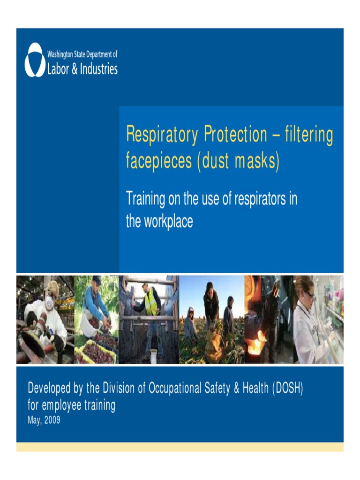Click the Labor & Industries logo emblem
(x=35, y=60)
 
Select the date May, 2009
(x=44, y=420)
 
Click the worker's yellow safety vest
(x=151, y=304)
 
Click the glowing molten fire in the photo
(x=256, y=345)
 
